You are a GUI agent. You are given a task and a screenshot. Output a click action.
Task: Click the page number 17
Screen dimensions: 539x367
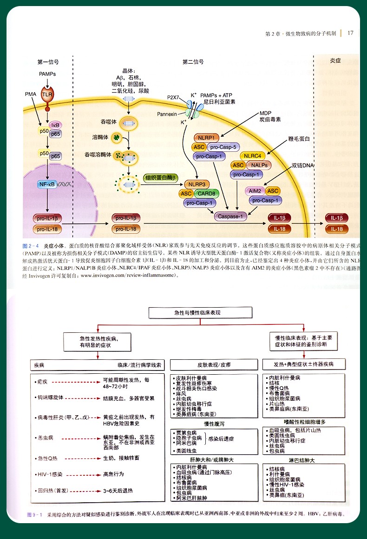pos(350,33)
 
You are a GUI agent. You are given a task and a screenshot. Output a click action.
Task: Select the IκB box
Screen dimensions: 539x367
pos(56,125)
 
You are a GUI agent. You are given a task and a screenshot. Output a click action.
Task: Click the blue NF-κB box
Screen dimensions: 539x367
pos(47,184)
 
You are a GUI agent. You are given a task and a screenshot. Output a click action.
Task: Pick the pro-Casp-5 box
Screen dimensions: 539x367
pos(225,147)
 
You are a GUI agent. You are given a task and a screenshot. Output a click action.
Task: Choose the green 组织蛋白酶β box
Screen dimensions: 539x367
pos(161,178)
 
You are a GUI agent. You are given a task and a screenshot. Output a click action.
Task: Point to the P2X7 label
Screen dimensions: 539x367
pos(173,97)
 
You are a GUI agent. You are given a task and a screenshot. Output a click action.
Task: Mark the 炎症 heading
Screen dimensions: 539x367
pos(335,61)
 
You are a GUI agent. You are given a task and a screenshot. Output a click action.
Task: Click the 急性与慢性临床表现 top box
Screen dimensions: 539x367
pos(201,313)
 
